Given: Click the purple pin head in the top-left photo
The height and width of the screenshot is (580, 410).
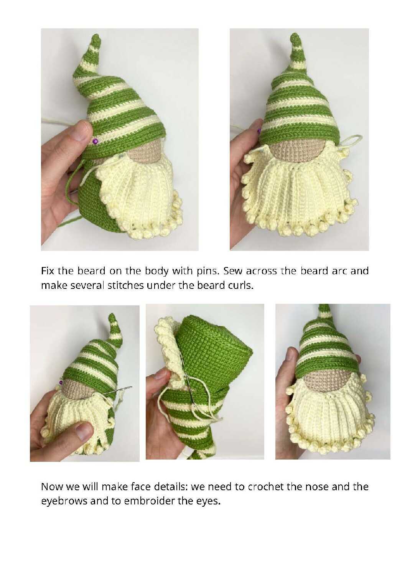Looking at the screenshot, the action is pos(95,142).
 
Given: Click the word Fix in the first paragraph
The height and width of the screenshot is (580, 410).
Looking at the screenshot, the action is pos(48,271).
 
